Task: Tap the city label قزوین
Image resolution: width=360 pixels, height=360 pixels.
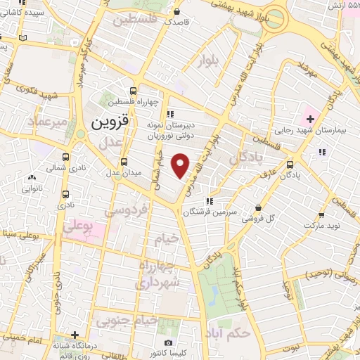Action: pos(110,122)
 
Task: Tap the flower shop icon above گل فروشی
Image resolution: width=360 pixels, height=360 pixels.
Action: pos(259,207)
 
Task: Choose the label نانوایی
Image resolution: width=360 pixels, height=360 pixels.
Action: pos(32,188)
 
